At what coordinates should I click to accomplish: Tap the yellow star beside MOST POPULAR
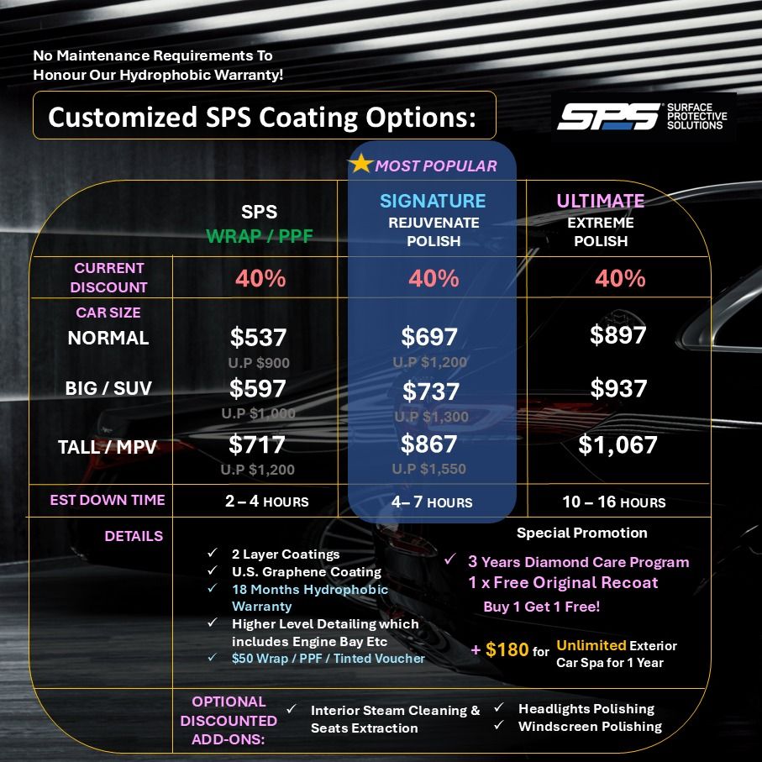pyautogui.click(x=360, y=164)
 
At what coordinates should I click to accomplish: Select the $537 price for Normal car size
pyautogui.click(x=259, y=338)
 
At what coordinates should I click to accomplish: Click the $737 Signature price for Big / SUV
pyautogui.click(x=430, y=392)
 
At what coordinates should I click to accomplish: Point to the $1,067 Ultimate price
pyautogui.click(x=617, y=444)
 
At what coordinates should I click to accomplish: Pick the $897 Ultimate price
pyautogui.click(x=617, y=334)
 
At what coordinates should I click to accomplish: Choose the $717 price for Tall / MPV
pyautogui.click(x=257, y=444)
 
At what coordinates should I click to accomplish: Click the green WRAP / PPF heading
pyautogui.click(x=259, y=236)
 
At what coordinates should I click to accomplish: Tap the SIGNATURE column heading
pyautogui.click(x=433, y=201)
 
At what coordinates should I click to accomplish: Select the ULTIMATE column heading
pyautogui.click(x=600, y=201)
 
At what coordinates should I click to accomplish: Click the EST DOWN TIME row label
pyautogui.click(x=108, y=500)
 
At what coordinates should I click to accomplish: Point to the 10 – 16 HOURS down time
pyautogui.click(x=613, y=502)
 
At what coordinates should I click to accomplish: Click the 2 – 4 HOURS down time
pyautogui.click(x=266, y=502)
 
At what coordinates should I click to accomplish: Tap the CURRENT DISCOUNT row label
pyautogui.click(x=108, y=277)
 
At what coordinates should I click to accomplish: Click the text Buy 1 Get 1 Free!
pyautogui.click(x=541, y=606)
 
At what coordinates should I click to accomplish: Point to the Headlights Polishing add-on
pyautogui.click(x=586, y=708)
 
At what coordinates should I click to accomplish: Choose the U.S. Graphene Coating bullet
pyautogui.click(x=295, y=571)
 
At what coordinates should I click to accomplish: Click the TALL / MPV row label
pyautogui.click(x=108, y=447)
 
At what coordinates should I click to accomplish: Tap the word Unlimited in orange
pyautogui.click(x=591, y=645)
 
